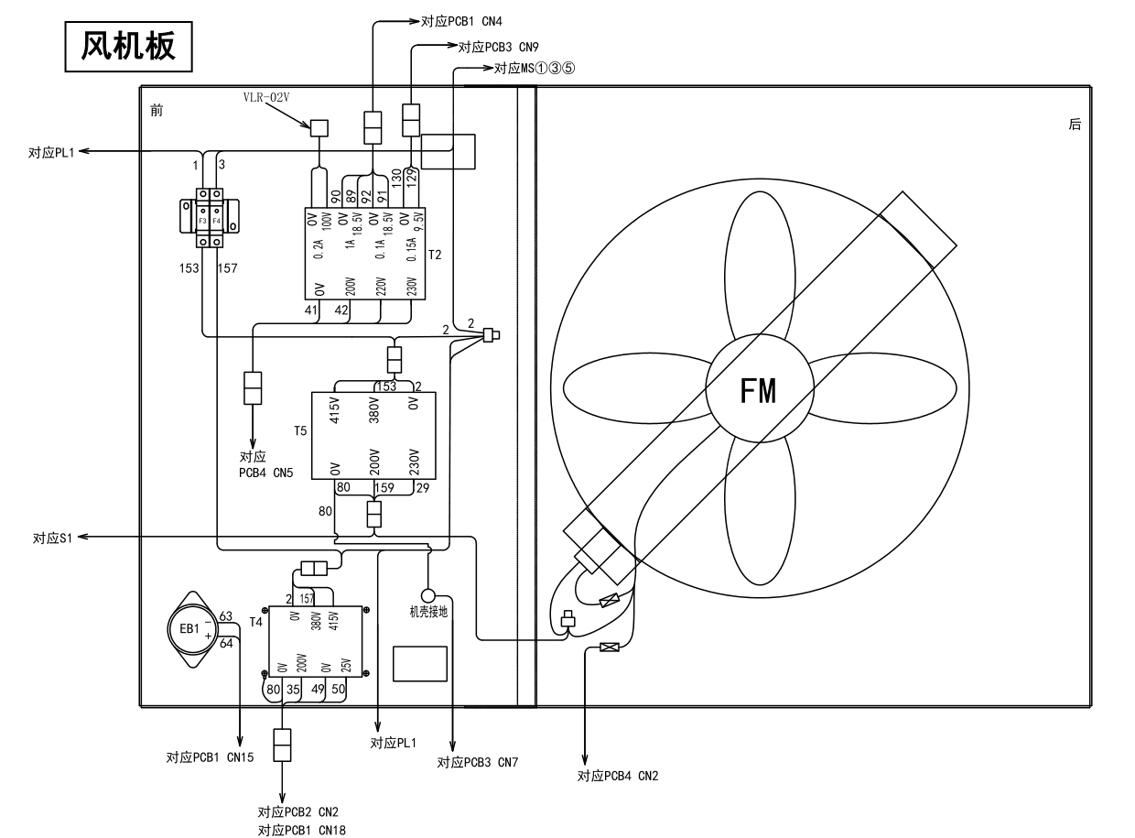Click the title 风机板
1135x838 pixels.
tap(129, 45)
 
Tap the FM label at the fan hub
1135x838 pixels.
tap(759, 391)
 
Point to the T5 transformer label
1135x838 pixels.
tap(300, 430)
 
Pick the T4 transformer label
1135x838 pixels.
tap(255, 622)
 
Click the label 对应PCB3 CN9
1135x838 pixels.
tap(498, 47)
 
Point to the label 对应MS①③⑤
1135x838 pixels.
tap(535, 69)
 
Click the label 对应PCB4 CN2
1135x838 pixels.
tap(618, 777)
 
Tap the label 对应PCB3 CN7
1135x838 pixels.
tap(478, 762)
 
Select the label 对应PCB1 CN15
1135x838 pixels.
tap(210, 757)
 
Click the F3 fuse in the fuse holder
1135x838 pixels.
tap(202, 221)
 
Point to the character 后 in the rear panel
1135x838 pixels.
tap(1075, 125)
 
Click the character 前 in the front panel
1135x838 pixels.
tap(157, 111)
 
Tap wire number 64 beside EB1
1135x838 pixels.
tap(226, 644)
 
